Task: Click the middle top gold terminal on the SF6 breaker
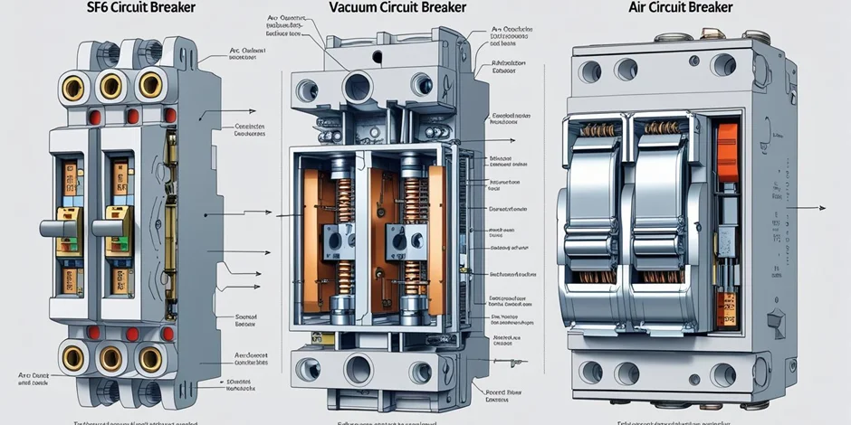tap(110, 86)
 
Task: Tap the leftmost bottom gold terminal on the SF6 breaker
tap(73, 358)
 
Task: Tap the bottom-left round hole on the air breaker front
tap(591, 372)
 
